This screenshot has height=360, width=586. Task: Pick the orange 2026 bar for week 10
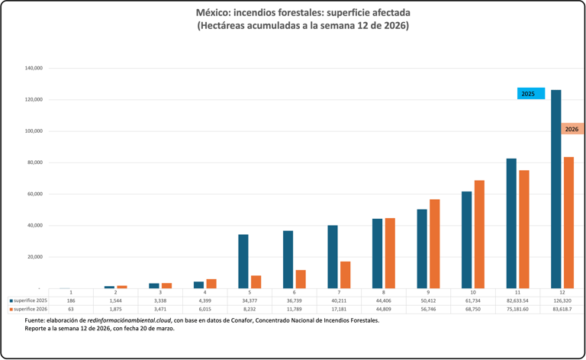(x=479, y=234)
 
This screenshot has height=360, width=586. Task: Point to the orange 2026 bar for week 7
(x=346, y=275)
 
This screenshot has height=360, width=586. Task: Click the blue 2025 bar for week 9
(x=422, y=249)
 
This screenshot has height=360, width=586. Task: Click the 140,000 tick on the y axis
(x=33, y=69)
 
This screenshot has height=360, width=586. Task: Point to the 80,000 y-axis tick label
(x=34, y=162)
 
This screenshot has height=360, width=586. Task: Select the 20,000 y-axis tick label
(x=34, y=257)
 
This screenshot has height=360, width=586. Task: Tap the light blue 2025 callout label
(x=530, y=93)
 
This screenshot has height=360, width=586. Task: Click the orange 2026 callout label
(x=572, y=129)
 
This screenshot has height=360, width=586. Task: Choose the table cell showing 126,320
(x=562, y=301)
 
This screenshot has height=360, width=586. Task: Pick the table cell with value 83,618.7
(x=562, y=309)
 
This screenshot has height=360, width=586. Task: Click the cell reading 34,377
(x=250, y=301)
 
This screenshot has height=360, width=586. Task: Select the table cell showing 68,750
(x=473, y=309)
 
